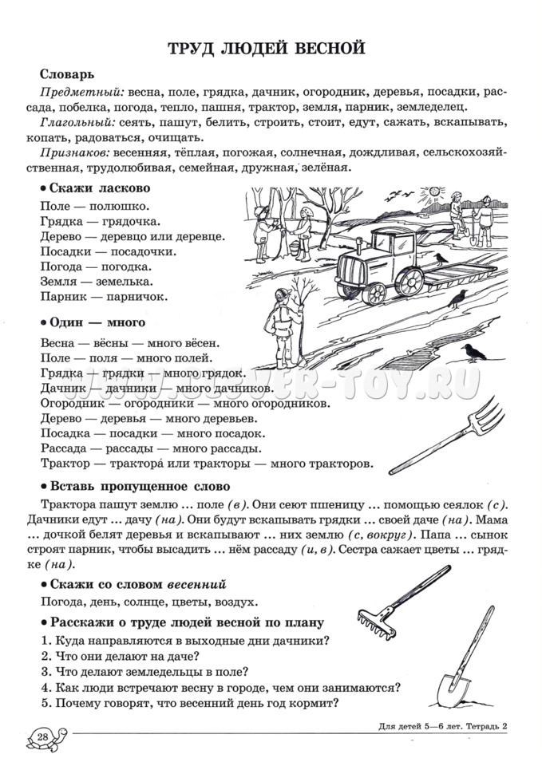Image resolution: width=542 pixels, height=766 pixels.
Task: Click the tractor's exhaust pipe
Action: click(x=382, y=231)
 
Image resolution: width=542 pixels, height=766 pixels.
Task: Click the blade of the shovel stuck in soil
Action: click(x=452, y=685)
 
